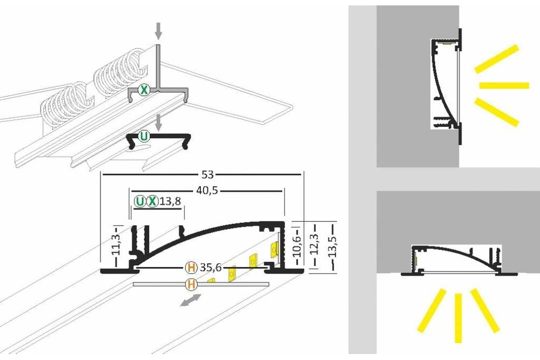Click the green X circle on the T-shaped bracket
(144, 90)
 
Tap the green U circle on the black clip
(144, 137)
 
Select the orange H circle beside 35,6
(191, 267)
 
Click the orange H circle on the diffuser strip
(191, 283)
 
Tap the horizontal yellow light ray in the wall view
(503, 86)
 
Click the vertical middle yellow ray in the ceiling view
(458, 318)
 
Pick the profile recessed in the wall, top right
(446, 84)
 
